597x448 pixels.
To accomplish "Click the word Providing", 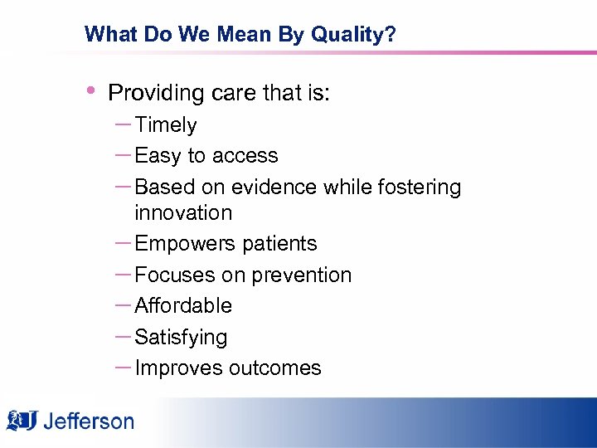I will (x=157, y=93).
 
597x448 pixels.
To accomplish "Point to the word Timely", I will (x=166, y=125).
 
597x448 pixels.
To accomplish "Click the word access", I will (x=245, y=156).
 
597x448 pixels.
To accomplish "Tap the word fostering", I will (x=419, y=187).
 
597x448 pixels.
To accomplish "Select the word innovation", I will (x=183, y=213).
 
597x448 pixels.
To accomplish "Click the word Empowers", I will (x=182, y=244).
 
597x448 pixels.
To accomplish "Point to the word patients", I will (x=278, y=244).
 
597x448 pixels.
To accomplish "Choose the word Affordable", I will (x=183, y=306).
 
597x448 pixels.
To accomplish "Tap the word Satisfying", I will (x=181, y=338).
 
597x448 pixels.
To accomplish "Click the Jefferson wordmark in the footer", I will (x=88, y=421).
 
